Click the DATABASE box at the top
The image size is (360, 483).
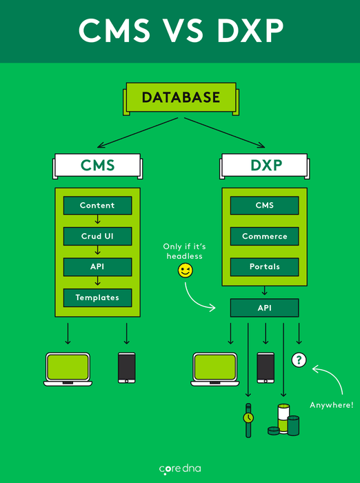(181, 98)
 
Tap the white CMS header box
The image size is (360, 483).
(98, 166)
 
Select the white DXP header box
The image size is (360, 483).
(265, 166)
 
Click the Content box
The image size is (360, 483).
(97, 206)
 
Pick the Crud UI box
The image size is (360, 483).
(97, 236)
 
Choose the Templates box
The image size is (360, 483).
(97, 297)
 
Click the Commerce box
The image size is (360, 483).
(265, 236)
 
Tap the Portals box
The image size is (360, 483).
(265, 267)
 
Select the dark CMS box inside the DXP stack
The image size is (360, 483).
(265, 206)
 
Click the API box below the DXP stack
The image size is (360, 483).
(265, 308)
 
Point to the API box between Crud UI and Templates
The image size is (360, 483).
(97, 267)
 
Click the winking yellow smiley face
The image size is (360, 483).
(186, 270)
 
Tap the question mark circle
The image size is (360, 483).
(299, 359)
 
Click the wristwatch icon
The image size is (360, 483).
(248, 420)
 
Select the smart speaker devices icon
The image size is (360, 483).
(283, 420)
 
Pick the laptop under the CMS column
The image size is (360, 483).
(68, 369)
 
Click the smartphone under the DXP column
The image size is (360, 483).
(266, 368)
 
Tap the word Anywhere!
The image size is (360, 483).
(332, 405)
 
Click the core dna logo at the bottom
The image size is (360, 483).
(180, 469)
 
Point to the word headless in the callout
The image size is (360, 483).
(184, 256)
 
